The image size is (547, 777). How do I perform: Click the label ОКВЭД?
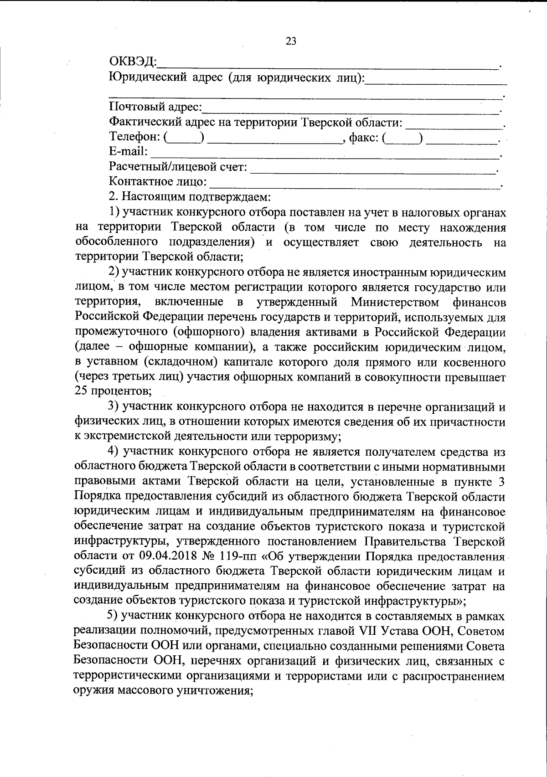[133, 62]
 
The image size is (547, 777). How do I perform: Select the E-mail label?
[128, 152]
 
